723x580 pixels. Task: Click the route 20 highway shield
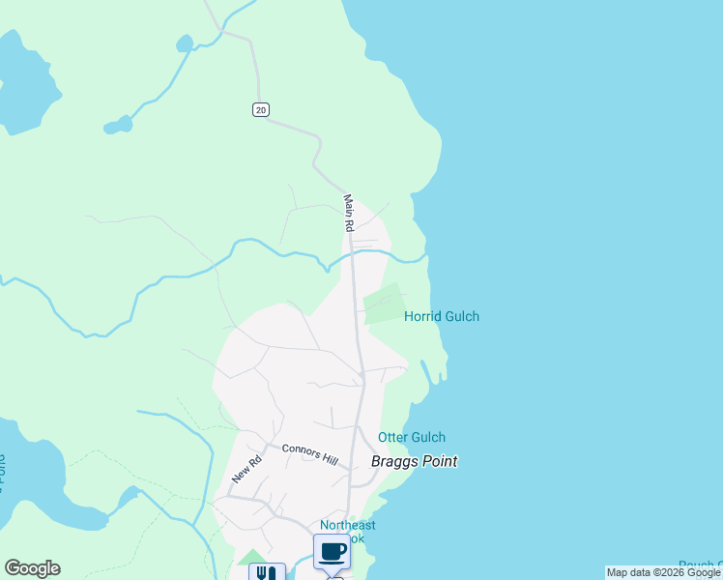[261, 109]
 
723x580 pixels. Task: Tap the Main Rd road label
[349, 213]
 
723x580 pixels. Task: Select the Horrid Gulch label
[441, 316]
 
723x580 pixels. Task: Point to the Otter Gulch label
[412, 438]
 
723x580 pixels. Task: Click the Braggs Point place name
[414, 461]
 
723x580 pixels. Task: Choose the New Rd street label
[246, 470]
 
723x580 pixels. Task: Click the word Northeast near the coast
[348, 525]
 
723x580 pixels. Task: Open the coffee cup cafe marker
[332, 552]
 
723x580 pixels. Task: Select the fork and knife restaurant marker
[267, 572]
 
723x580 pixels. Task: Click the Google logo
[32, 568]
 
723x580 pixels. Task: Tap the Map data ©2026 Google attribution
[663, 572]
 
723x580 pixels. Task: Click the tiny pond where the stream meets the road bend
[184, 43]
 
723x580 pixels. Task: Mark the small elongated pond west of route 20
[117, 126]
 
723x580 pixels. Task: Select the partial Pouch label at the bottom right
[700, 565]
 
